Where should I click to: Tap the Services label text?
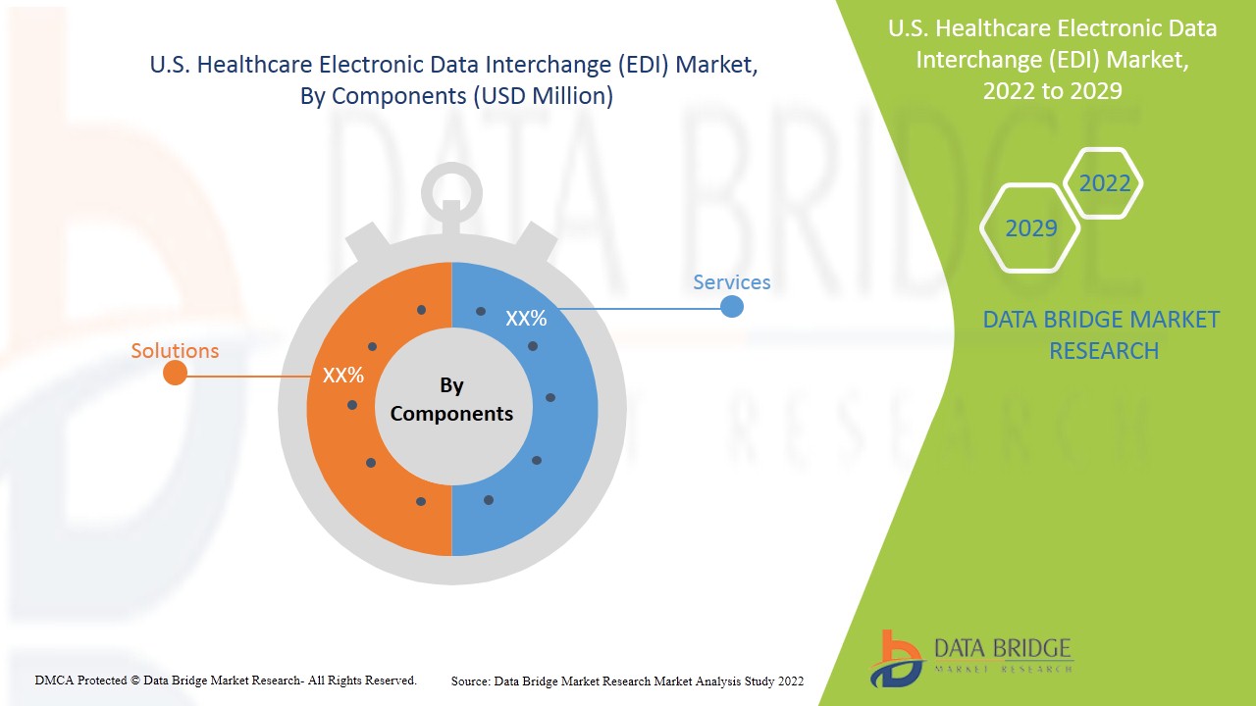pyautogui.click(x=731, y=282)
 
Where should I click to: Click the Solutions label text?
pyautogui.click(x=175, y=350)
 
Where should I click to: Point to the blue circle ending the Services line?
pyautogui.click(x=731, y=307)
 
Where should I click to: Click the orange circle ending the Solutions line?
pyautogui.click(x=175, y=374)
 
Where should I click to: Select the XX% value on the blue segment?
pyautogui.click(x=526, y=319)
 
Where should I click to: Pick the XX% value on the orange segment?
pyautogui.click(x=343, y=375)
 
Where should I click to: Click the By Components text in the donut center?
pyautogui.click(x=451, y=399)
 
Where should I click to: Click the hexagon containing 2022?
pyautogui.click(x=1104, y=183)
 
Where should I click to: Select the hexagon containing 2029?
pyautogui.click(x=1030, y=228)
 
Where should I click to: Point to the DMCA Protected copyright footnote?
pyautogui.click(x=226, y=680)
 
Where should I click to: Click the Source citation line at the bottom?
pyautogui.click(x=627, y=681)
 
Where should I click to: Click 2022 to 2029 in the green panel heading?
pyautogui.click(x=1052, y=90)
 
